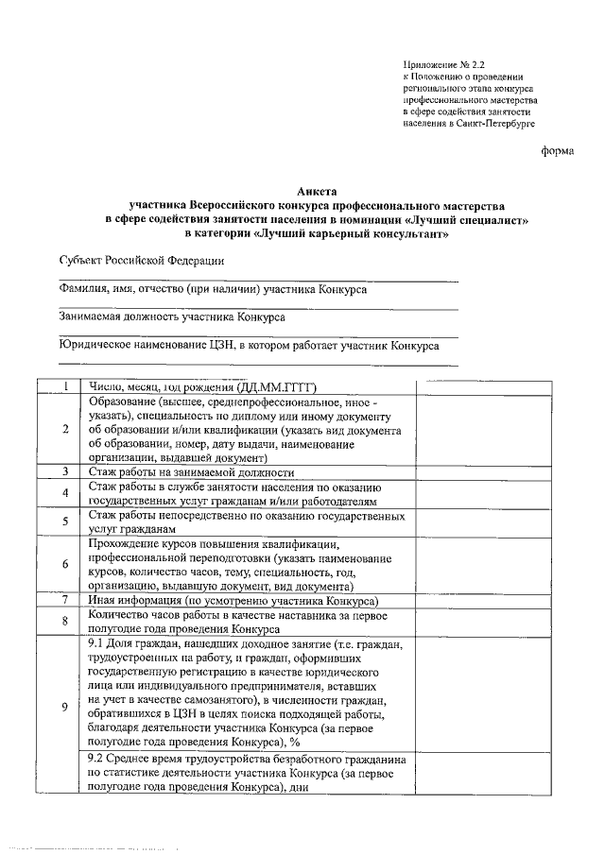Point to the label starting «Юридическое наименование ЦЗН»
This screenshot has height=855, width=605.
pos(249,347)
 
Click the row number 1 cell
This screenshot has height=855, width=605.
pos(65,385)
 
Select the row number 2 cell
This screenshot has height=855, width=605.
pos(65,429)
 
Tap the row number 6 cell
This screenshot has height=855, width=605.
pos(65,565)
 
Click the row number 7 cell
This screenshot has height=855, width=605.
pos(65,600)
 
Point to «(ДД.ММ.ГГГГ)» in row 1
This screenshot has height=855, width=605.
pos(274,385)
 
